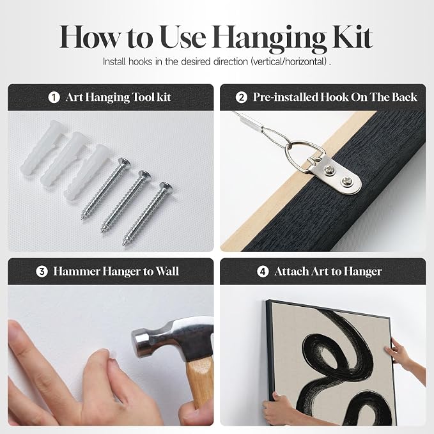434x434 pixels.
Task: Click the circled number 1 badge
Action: tap(54, 97)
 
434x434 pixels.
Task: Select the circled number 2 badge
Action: tap(242, 97)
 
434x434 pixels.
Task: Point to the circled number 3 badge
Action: tap(42, 272)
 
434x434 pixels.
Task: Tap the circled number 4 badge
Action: tap(263, 272)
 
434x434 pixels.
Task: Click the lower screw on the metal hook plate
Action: tap(346, 182)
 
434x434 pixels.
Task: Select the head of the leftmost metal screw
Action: tap(124, 162)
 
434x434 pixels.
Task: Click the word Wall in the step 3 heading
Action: tap(167, 271)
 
